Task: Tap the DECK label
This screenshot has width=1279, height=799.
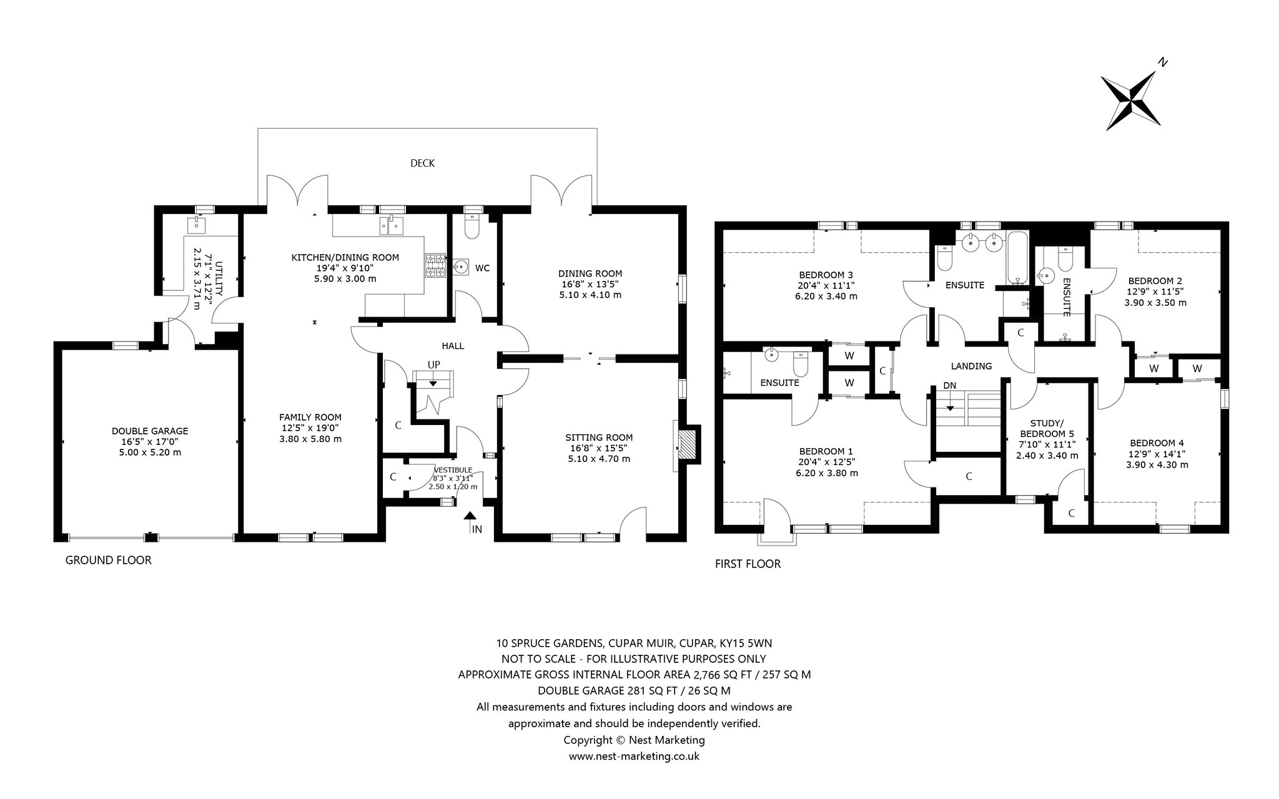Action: tap(422, 164)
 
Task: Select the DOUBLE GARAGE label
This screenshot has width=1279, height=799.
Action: tap(150, 431)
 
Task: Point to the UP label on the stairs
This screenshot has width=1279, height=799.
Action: tap(434, 364)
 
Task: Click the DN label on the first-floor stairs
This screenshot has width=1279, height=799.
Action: tap(949, 385)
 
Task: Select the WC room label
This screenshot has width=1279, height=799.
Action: tap(482, 268)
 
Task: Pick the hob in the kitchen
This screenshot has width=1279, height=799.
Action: tap(435, 265)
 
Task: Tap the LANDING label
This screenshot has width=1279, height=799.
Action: tap(971, 366)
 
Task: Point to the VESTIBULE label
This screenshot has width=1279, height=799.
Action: tap(453, 470)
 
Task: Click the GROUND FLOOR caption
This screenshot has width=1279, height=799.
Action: tap(109, 561)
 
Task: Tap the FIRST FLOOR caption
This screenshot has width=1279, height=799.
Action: tap(748, 564)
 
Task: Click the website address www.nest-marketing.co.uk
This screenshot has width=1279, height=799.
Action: tap(634, 757)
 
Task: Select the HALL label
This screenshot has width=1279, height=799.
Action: tap(453, 346)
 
